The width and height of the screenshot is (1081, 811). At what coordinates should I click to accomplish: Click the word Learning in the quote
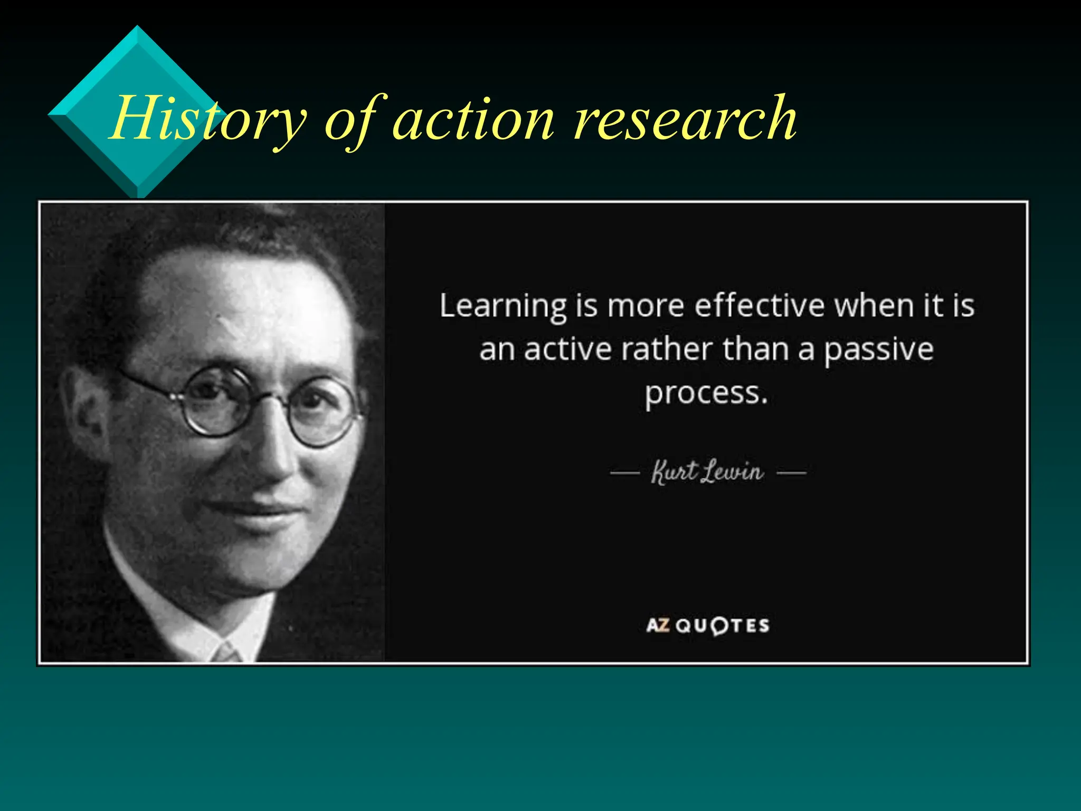click(503, 306)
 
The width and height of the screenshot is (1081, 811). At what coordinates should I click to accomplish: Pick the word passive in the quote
click(878, 350)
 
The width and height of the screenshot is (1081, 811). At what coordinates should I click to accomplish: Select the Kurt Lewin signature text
click(707, 471)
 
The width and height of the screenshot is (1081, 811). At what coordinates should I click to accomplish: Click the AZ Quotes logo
click(708, 626)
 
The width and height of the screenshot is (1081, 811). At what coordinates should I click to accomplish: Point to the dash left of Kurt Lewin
click(625, 473)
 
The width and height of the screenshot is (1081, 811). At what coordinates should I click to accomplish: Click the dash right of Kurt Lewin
click(791, 473)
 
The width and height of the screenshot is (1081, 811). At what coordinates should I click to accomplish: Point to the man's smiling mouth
click(253, 510)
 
